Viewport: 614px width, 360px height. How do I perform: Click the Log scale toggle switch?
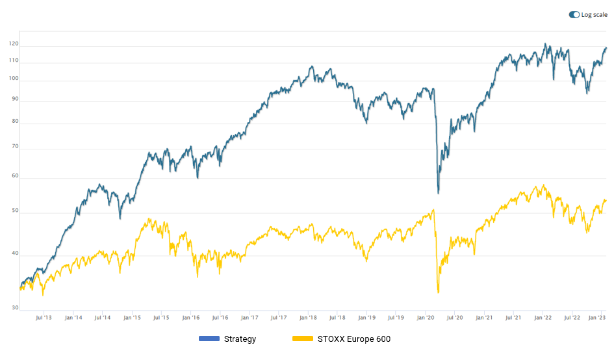pos(574,14)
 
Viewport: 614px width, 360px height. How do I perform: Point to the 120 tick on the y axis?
pos(13,44)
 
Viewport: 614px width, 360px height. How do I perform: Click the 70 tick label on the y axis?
pos(14,148)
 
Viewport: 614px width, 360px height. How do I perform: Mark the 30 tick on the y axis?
pos(14,308)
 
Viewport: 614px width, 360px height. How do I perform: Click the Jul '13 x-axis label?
pos(44,318)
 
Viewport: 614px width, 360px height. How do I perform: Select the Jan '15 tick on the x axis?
pos(132,318)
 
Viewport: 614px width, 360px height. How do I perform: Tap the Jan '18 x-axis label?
pos(308,318)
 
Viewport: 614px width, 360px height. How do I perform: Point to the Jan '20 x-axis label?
pos(426,318)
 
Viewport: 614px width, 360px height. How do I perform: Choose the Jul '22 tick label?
pos(572,318)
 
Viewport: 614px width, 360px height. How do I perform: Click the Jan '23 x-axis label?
pos(597,318)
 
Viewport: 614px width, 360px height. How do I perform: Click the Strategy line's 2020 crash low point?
pos(439,193)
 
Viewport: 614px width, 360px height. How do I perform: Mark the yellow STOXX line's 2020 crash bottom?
pos(439,292)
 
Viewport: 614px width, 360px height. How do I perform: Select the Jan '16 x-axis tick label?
pos(190,318)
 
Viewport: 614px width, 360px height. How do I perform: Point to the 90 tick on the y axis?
pos(14,100)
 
